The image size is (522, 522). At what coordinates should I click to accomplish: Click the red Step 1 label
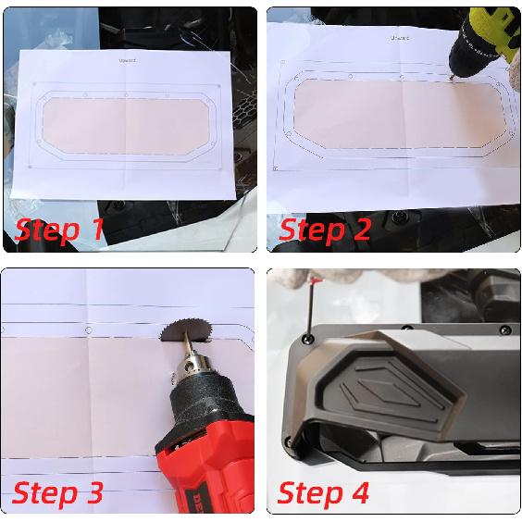59,229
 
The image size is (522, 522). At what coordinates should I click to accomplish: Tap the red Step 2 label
324,229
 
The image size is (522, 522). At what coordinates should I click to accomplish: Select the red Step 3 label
57,492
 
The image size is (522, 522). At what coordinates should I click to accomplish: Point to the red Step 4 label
323,492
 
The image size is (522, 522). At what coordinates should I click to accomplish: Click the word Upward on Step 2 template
399,38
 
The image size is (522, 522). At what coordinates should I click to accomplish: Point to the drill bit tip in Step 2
452,80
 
